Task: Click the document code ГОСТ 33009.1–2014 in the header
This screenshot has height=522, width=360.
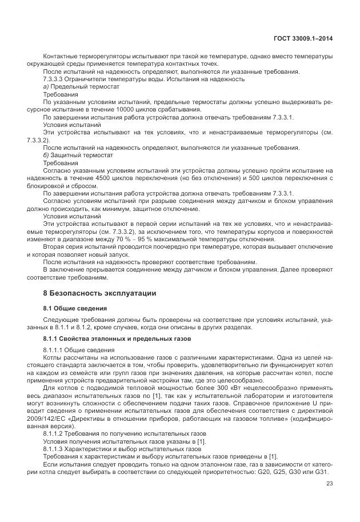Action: coord(303,38)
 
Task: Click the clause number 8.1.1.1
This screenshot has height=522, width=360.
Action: coord(56,349)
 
